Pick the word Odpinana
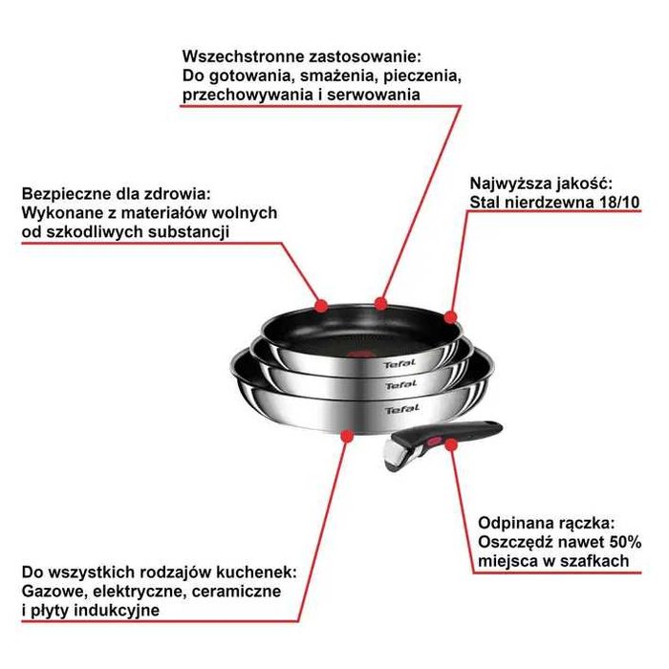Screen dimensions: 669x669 pos(513,523)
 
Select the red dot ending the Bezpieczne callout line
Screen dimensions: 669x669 pos(321,306)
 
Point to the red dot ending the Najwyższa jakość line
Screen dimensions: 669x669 pos(450,316)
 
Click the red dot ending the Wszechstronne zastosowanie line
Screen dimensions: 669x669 pos(381,304)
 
